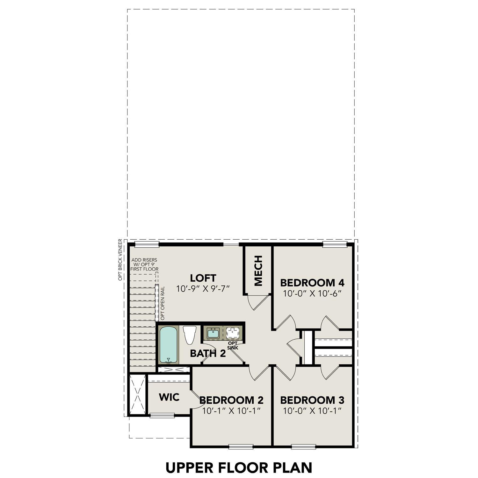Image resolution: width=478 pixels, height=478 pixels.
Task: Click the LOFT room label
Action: [x=203, y=278]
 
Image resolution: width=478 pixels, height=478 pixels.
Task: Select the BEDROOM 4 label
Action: [x=312, y=282]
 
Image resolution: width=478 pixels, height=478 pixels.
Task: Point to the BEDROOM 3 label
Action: [x=312, y=400]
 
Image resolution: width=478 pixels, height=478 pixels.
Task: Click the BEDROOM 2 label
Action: [x=231, y=400]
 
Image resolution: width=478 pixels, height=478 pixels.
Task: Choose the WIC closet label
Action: [x=169, y=397]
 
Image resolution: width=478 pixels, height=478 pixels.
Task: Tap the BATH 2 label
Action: [x=208, y=353]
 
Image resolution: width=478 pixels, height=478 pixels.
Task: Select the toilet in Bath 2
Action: [x=189, y=335]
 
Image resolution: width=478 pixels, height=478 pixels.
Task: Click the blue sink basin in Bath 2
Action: [x=213, y=334]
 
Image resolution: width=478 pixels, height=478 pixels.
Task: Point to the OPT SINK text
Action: [x=233, y=345]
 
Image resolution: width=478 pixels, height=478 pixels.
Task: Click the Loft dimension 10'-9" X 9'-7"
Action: [x=203, y=289]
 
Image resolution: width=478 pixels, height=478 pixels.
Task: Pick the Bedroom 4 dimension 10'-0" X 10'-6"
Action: [x=312, y=293]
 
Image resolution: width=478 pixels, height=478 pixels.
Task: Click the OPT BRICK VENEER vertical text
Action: [x=120, y=260]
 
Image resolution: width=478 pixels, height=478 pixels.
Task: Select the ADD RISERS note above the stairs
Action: [x=144, y=265]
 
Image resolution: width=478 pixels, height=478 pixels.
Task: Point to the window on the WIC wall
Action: [x=162, y=415]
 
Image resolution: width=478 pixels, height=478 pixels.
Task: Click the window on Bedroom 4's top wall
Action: [x=334, y=244]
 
